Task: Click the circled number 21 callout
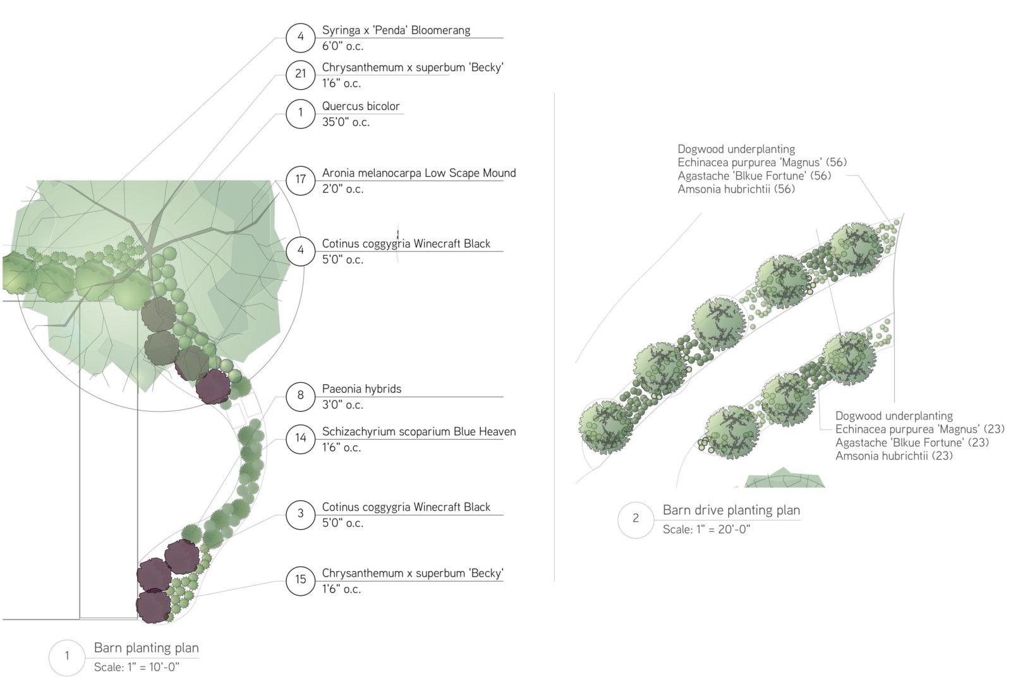[x=300, y=74]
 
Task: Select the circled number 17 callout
[x=300, y=179]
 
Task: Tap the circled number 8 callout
[x=300, y=395]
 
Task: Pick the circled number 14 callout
[x=300, y=438]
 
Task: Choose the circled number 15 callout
[x=300, y=580]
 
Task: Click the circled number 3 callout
[x=300, y=514]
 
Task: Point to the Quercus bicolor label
[x=361, y=106]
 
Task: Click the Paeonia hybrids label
[x=361, y=389]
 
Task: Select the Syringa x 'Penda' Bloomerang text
[x=396, y=30]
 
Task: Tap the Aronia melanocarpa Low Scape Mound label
[x=419, y=173]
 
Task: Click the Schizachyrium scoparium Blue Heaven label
[x=419, y=432]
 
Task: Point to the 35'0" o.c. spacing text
[x=346, y=123]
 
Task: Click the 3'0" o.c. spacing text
[x=342, y=405]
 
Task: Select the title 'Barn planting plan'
[x=147, y=648]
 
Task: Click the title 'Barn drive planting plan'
[x=731, y=510]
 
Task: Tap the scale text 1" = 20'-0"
[x=706, y=530]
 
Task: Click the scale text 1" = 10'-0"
[x=136, y=668]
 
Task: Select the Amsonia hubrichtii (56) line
[x=736, y=189]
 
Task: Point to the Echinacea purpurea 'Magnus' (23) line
[x=920, y=430]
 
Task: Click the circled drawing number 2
[x=636, y=519]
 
